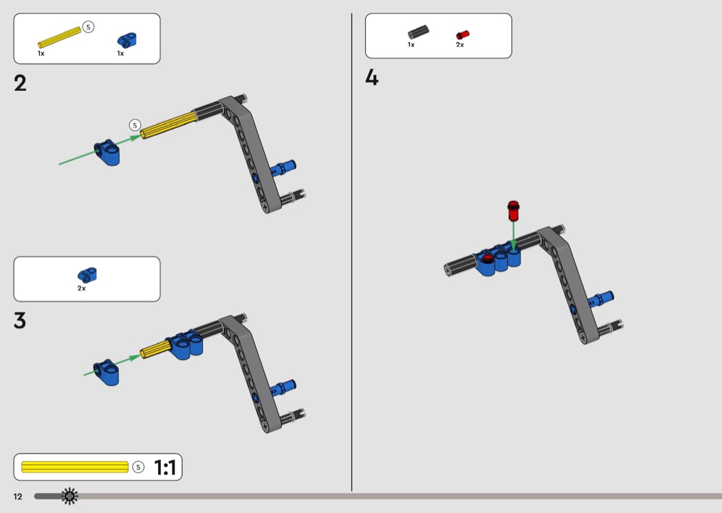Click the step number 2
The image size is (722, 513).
pyautogui.click(x=20, y=83)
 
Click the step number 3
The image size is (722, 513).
pyautogui.click(x=20, y=320)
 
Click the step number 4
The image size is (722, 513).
pyautogui.click(x=372, y=78)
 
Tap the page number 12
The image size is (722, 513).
pyautogui.click(x=18, y=496)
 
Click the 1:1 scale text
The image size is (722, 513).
pyautogui.click(x=165, y=468)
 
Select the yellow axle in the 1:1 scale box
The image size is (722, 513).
pyautogui.click(x=75, y=467)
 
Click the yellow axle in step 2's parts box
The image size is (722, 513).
pyautogui.click(x=59, y=37)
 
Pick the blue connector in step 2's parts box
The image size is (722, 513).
pyautogui.click(x=127, y=40)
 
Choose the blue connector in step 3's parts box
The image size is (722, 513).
pyautogui.click(x=87, y=275)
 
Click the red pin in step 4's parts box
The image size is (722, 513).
pyautogui.click(x=462, y=35)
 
